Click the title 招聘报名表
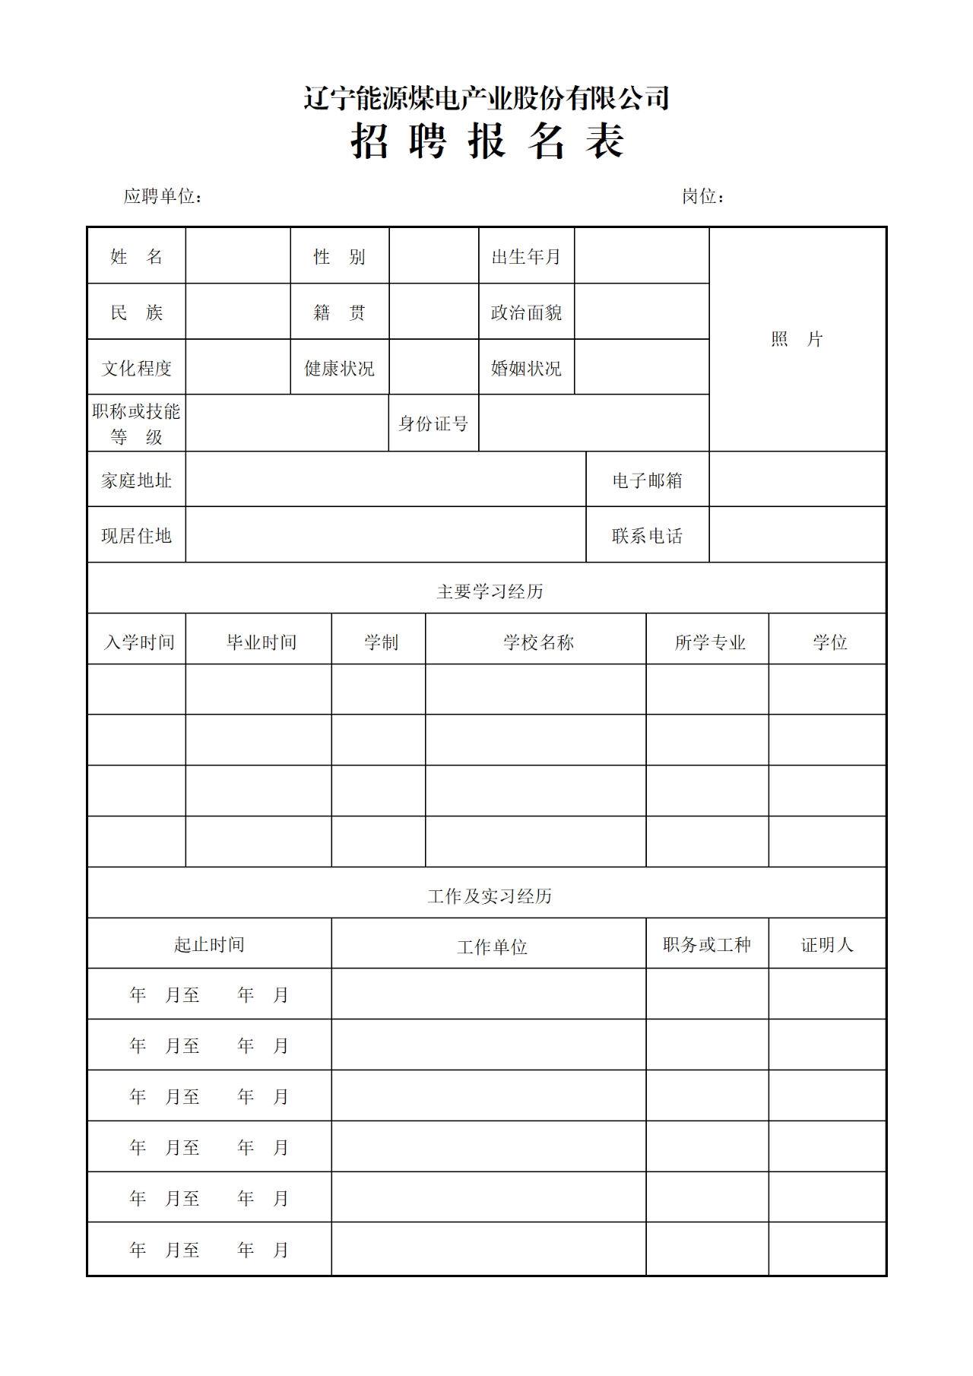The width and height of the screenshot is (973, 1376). (487, 141)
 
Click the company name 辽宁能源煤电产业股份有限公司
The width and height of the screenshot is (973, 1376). (486, 98)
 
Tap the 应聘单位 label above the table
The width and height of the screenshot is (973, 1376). (163, 197)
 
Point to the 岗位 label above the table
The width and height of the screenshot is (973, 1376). (702, 197)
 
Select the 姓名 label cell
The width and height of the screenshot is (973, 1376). (137, 257)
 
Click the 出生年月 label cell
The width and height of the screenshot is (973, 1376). (526, 257)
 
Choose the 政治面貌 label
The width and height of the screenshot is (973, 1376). (526, 312)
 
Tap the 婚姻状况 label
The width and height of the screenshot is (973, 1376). (526, 369)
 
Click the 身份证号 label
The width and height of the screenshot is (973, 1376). (433, 424)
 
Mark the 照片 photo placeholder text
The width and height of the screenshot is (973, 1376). (797, 339)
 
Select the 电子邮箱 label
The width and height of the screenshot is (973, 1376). (648, 480)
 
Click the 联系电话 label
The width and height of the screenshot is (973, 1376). (648, 536)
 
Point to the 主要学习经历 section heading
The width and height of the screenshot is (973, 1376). (490, 591)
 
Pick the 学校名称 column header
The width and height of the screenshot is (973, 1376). (538, 642)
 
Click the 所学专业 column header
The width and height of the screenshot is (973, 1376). (710, 642)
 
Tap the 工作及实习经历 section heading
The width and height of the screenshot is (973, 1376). (490, 896)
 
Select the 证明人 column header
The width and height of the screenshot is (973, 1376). (827, 945)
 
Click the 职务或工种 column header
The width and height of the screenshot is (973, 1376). (707, 945)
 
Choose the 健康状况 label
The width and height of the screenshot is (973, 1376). (340, 369)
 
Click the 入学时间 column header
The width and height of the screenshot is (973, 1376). (139, 642)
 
